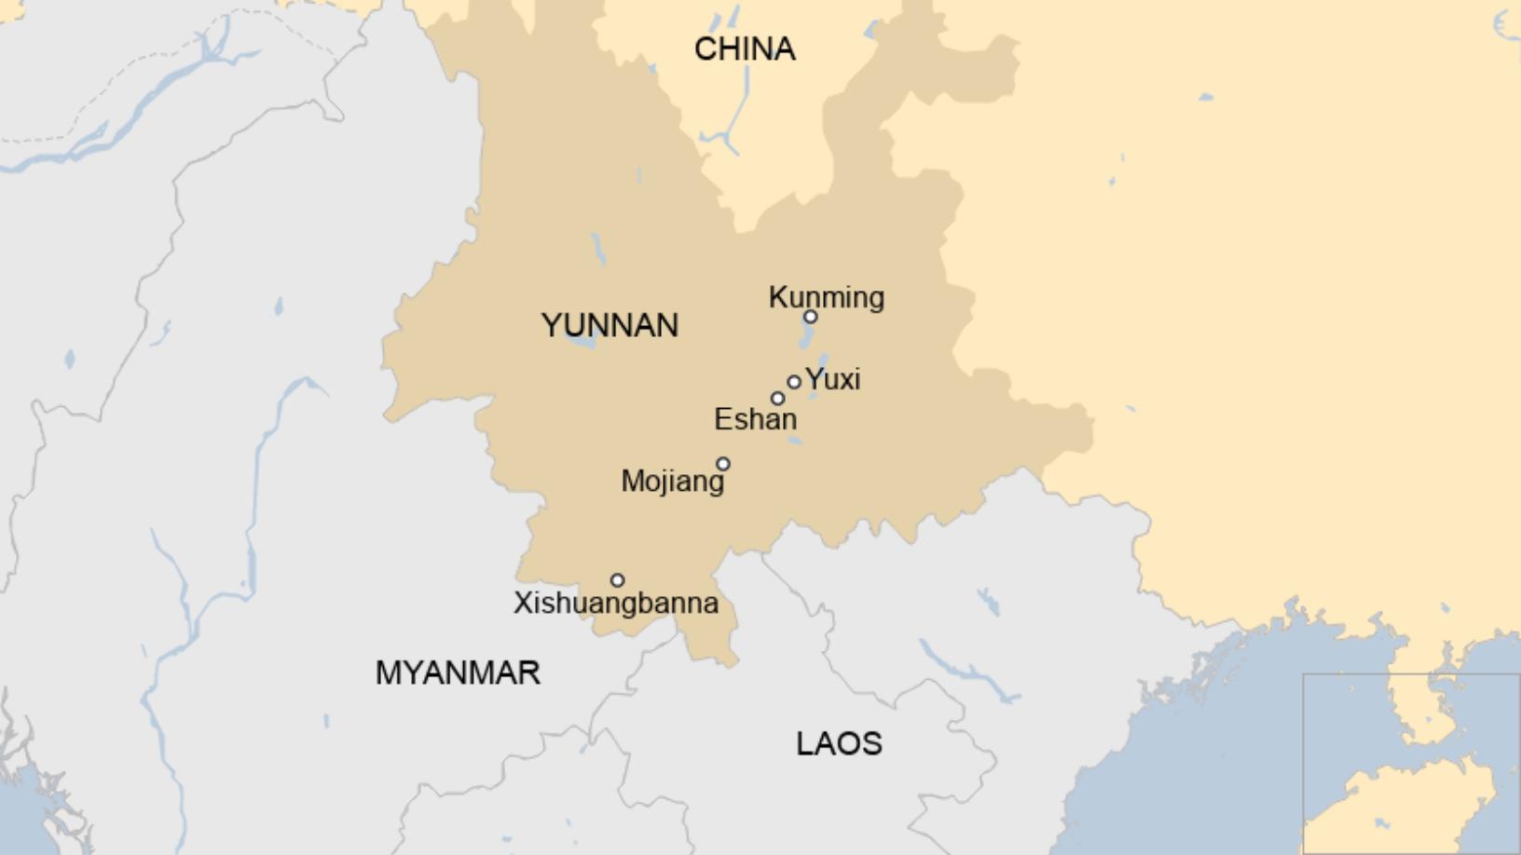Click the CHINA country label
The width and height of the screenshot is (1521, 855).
(745, 49)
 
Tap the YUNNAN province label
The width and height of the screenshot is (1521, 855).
(610, 326)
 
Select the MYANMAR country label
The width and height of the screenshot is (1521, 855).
(458, 672)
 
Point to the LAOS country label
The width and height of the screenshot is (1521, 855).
(839, 744)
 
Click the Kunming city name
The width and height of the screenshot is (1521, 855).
(827, 297)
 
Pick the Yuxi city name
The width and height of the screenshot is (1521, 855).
(832, 379)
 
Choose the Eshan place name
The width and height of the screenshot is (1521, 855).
(755, 419)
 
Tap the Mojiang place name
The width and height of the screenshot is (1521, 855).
(672, 481)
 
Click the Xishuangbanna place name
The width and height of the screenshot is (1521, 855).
(616, 603)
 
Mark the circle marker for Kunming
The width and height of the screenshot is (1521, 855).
(811, 317)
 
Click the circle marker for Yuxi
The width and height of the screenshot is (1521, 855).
(794, 382)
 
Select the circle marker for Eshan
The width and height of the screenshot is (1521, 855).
(777, 399)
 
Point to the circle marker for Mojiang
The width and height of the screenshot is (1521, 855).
(723, 464)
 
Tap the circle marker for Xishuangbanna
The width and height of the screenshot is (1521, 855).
(617, 580)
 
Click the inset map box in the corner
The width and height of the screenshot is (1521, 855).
(1411, 763)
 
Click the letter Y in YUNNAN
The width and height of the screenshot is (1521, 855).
(551, 326)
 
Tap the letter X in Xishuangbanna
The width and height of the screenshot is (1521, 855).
(522, 603)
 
